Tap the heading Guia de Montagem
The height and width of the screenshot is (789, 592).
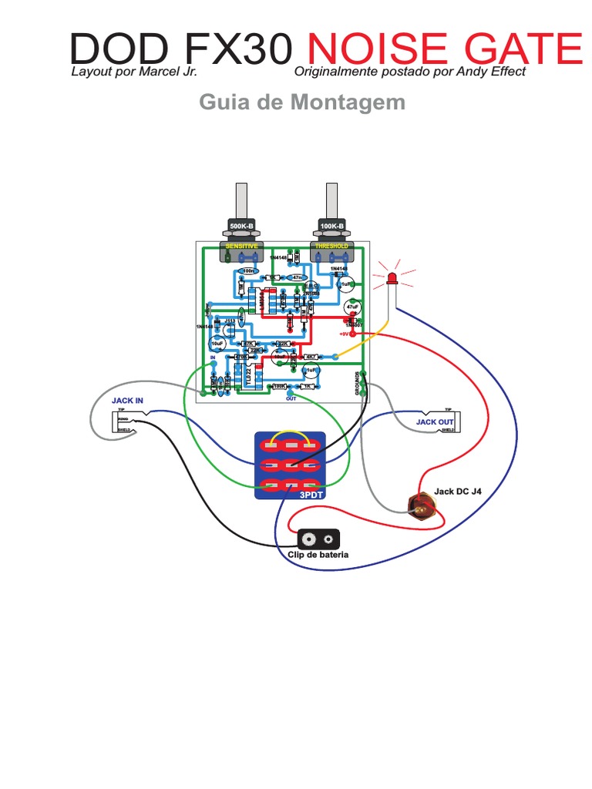tap(302, 102)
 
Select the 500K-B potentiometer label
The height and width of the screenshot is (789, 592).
tap(241, 226)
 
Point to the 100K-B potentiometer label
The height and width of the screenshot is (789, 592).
tap(332, 226)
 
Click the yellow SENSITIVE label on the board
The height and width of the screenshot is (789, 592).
tap(241, 246)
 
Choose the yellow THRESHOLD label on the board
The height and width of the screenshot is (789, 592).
tap(332, 246)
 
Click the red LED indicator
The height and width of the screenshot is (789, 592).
tap(392, 277)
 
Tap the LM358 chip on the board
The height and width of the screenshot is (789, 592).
tap(262, 300)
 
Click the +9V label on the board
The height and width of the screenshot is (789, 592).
tap(345, 334)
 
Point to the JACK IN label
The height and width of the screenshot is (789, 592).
tap(127, 401)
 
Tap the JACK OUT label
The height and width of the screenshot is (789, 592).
tap(435, 422)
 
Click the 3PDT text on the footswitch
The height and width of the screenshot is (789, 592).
tap(311, 495)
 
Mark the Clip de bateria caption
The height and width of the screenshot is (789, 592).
tap(318, 555)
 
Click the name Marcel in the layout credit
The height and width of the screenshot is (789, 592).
tap(159, 72)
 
